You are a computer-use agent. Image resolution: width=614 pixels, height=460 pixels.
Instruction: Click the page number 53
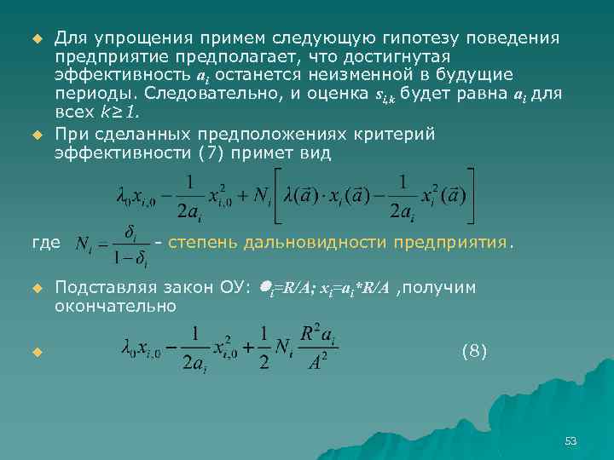click(x=571, y=440)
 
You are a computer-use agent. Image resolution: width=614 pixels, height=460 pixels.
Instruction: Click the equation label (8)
click(x=473, y=350)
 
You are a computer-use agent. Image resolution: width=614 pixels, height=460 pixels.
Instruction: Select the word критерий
click(x=401, y=135)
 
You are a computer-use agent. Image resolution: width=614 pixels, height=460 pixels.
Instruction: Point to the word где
click(x=45, y=243)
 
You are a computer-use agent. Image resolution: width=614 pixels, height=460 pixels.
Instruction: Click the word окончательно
click(x=115, y=306)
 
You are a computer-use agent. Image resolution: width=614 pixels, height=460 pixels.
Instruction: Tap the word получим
click(x=441, y=288)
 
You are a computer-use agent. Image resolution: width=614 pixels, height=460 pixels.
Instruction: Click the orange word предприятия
click(x=453, y=243)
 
